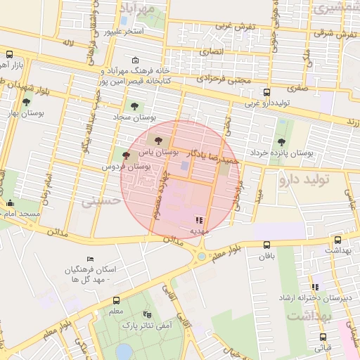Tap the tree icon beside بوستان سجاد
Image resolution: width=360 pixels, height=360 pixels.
[x=134, y=107]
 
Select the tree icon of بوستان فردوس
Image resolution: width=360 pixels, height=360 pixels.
[x=127, y=155]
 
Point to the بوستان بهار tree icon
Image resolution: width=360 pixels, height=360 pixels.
[x=27, y=102]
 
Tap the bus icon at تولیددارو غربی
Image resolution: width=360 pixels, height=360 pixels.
[x=266, y=92]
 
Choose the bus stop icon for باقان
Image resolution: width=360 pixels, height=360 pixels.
[x=266, y=245]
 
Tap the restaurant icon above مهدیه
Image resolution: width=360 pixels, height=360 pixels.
[x=200, y=220]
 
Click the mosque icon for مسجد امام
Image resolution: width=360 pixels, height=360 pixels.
[x=11, y=204]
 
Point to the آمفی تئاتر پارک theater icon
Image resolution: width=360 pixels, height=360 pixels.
[x=147, y=314]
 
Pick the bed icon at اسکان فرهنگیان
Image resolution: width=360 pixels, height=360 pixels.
[x=89, y=260]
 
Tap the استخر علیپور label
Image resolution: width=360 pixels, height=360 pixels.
[x=124, y=32]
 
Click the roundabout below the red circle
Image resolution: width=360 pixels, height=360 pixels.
[x=202, y=257]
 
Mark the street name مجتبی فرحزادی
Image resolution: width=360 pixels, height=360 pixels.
[x=223, y=80]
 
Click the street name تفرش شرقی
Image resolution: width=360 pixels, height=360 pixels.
[x=333, y=33]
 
